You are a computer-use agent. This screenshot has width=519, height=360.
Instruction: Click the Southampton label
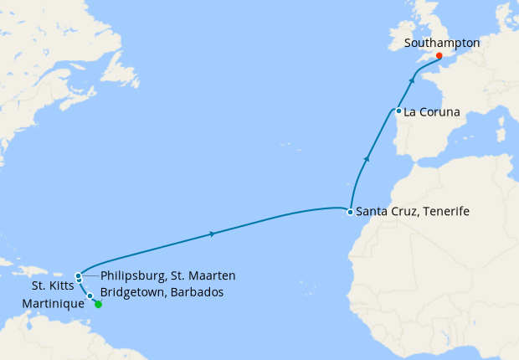pyautogui.click(x=441, y=43)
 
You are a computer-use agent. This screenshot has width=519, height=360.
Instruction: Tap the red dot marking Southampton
pyautogui.click(x=439, y=56)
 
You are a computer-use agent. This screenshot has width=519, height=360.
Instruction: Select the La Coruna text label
pyautogui.click(x=434, y=111)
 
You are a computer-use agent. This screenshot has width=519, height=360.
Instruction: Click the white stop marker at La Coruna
pyautogui.click(x=399, y=111)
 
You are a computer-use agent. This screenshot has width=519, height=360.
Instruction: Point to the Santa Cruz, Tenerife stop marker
pyautogui.click(x=350, y=213)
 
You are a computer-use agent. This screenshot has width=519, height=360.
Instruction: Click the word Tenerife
pyautogui.click(x=444, y=213)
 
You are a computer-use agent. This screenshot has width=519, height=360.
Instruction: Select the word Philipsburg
pyautogui.click(x=131, y=275)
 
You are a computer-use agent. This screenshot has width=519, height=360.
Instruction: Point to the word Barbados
pyautogui.click(x=203, y=291)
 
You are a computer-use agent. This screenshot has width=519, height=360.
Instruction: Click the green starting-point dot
pyautogui.click(x=98, y=305)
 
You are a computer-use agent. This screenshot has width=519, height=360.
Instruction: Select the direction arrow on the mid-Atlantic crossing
pyautogui.click(x=213, y=234)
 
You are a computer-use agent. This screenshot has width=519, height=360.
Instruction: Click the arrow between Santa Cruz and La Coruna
pyautogui.click(x=366, y=157)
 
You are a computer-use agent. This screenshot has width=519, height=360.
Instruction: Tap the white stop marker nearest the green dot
pyautogui.click(x=90, y=296)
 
